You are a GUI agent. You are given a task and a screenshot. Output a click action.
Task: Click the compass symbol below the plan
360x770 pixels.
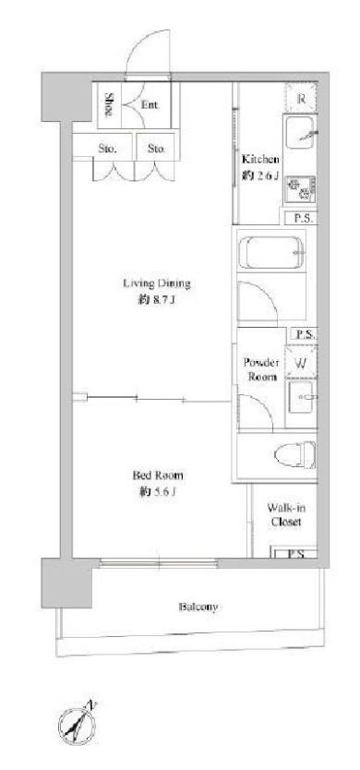[x=78, y=722]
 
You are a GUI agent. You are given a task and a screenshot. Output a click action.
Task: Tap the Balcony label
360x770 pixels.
[x=198, y=607]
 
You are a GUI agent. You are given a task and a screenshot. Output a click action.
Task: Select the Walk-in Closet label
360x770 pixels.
[x=286, y=514]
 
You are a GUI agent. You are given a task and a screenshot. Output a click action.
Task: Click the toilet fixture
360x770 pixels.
[x=294, y=455]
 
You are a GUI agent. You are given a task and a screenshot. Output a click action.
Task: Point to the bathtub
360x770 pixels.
[x=270, y=252]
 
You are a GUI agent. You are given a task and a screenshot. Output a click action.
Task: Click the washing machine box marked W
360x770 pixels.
[x=301, y=363]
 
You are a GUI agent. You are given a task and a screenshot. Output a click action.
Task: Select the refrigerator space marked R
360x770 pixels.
[x=302, y=98]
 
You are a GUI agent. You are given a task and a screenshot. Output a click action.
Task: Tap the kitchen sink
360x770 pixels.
[x=301, y=132]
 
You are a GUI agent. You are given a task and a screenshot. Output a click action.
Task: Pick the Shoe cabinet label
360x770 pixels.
[x=109, y=104]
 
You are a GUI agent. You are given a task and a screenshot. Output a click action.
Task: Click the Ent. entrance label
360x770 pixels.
[x=150, y=104]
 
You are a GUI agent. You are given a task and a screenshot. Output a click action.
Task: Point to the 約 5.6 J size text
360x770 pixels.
[x=157, y=492]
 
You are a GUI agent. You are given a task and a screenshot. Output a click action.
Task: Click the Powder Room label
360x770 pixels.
[x=262, y=370]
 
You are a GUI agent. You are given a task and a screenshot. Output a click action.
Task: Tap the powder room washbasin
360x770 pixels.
[x=301, y=397]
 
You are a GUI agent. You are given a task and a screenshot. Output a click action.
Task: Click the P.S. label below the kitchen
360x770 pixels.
[x=303, y=219]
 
